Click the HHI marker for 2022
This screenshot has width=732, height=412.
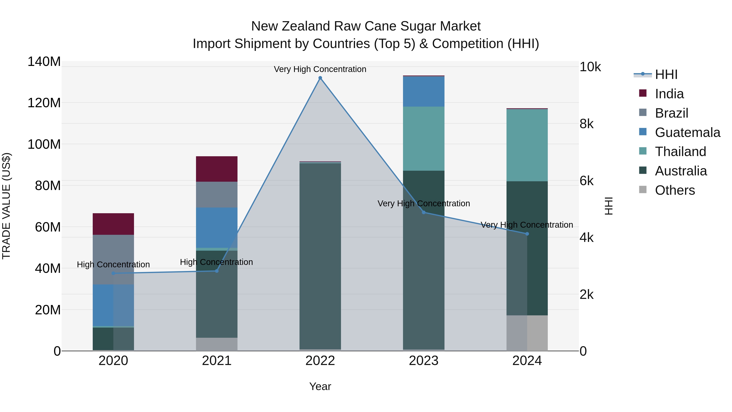point(320,78)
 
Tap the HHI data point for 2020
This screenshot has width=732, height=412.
point(113,273)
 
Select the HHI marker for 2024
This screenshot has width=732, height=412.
point(527,234)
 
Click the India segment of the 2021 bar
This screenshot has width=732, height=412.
point(217,169)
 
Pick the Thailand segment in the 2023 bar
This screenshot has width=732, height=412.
point(424,139)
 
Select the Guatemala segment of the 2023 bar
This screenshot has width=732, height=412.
point(424,91)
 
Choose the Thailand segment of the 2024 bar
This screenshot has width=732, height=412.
point(527,145)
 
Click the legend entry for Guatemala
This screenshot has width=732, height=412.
point(687,132)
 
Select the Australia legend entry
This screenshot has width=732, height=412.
point(681,171)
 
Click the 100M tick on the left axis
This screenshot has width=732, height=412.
point(44,144)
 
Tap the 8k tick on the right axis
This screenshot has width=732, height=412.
point(586,124)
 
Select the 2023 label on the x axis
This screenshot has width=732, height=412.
point(424,361)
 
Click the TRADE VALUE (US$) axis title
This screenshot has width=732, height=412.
point(6,206)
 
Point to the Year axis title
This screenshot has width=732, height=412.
point(320,386)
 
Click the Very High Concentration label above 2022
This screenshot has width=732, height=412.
point(320,69)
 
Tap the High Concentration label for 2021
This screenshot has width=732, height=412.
point(216,262)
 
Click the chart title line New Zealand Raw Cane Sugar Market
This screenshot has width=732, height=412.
point(366,26)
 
